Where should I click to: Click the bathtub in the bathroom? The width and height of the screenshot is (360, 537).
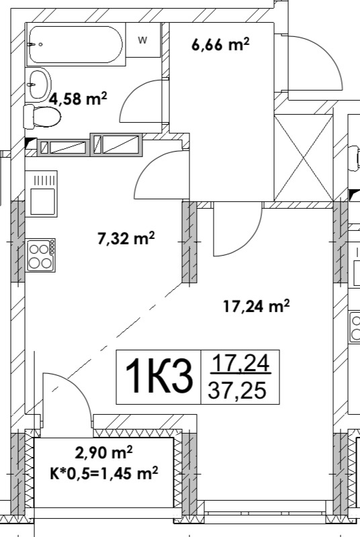[x=75, y=44]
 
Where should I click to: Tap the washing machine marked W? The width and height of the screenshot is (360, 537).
[x=143, y=40]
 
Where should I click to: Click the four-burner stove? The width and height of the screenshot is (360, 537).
[x=41, y=256]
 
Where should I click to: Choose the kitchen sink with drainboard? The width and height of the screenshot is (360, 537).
[x=42, y=193]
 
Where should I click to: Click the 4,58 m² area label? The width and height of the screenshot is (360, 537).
[x=78, y=99]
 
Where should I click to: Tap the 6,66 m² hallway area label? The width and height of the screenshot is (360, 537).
[x=220, y=45]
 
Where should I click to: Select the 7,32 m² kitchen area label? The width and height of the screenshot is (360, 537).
[x=126, y=238]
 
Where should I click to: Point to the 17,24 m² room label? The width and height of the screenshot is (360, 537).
[x=256, y=306]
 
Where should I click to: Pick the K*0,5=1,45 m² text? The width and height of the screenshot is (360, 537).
[x=104, y=474]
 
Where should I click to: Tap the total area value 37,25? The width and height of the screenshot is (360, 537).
[x=237, y=390]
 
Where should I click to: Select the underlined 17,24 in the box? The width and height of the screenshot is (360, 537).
[x=241, y=363]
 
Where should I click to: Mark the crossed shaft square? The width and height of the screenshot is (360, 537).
[x=304, y=158]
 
